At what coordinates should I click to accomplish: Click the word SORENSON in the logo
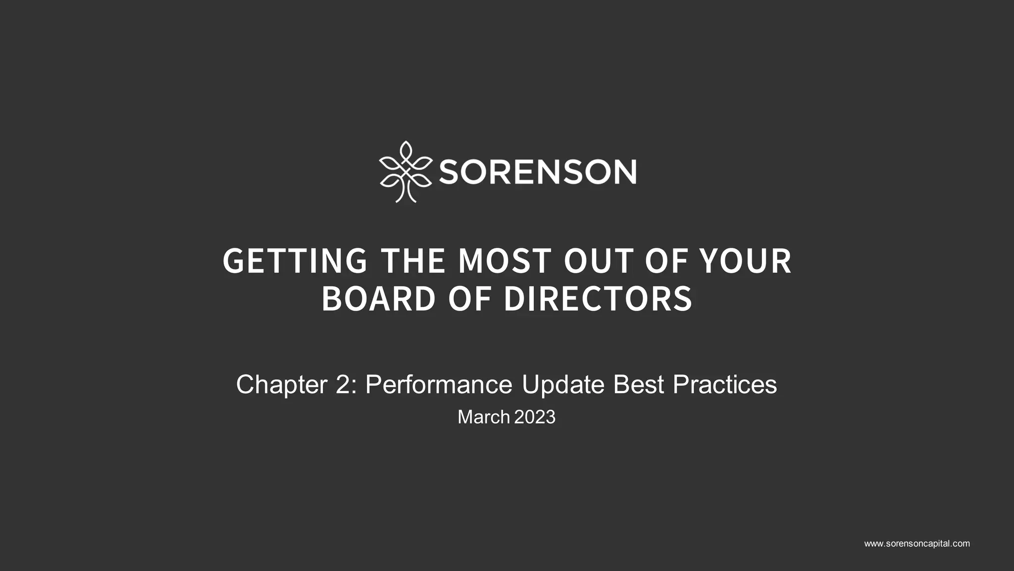pyautogui.click(x=537, y=172)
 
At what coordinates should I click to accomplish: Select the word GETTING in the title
pyautogui.click(x=295, y=261)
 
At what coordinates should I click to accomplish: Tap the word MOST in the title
pyautogui.click(x=505, y=261)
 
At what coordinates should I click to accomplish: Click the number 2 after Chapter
pyautogui.click(x=343, y=385)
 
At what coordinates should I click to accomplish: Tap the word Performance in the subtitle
pyautogui.click(x=439, y=385)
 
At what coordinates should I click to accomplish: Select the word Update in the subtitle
pyautogui.click(x=563, y=385)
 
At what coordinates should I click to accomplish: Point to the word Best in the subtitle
pyautogui.click(x=639, y=385)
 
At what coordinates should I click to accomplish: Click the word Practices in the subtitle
pyautogui.click(x=725, y=385)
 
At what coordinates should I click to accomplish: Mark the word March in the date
pyautogui.click(x=484, y=417)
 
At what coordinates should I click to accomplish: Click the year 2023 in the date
pyautogui.click(x=535, y=417)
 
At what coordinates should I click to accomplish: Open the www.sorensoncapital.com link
pyautogui.click(x=917, y=544)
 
